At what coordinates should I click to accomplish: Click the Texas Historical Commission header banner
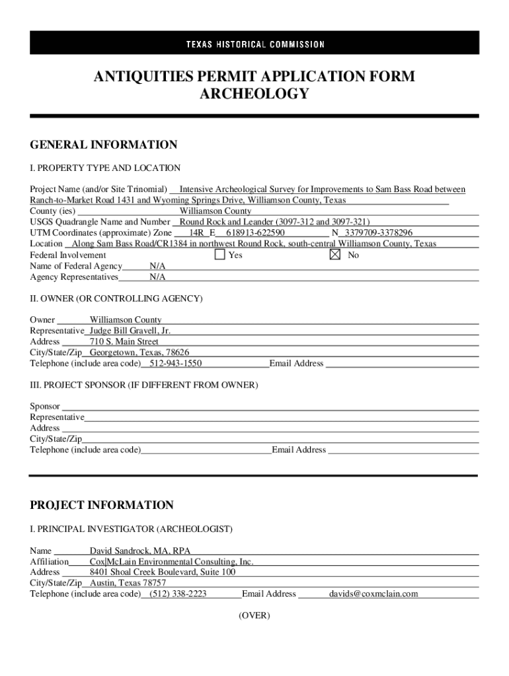point(255,44)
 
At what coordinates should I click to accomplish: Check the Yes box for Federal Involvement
point(220,254)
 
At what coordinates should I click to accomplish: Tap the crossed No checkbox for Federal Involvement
point(334,254)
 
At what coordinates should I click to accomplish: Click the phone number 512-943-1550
point(175,363)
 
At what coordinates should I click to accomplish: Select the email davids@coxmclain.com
point(373,593)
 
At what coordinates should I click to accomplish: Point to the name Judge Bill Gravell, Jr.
point(130,331)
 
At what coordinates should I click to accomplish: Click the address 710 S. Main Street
point(124,341)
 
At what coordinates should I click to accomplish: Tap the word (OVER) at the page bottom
point(255,615)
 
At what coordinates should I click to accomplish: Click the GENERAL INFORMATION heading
point(104,145)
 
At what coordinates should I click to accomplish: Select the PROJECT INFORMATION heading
point(102,506)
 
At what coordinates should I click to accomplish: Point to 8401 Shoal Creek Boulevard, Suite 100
point(163,572)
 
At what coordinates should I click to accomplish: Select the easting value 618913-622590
point(255,233)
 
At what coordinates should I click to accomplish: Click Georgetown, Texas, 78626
point(139,353)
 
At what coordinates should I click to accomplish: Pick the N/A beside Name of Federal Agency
point(157,265)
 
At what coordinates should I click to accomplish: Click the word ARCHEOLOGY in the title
point(255,94)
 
